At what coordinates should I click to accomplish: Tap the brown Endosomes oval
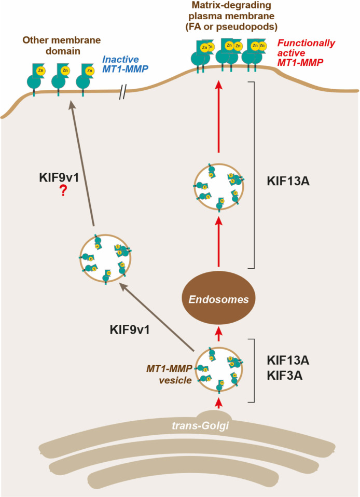point(218,299)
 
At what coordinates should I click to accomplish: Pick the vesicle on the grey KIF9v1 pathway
point(103,257)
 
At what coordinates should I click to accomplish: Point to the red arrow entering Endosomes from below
point(218,331)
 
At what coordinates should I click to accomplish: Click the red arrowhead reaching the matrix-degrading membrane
point(218,85)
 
